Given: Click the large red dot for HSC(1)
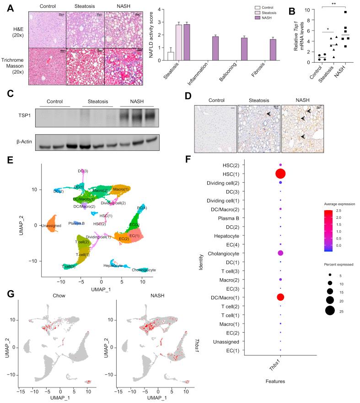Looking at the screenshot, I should coord(280,174).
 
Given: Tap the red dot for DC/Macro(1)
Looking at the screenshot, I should coord(280,297).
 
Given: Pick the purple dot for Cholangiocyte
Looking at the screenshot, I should coord(280,253).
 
